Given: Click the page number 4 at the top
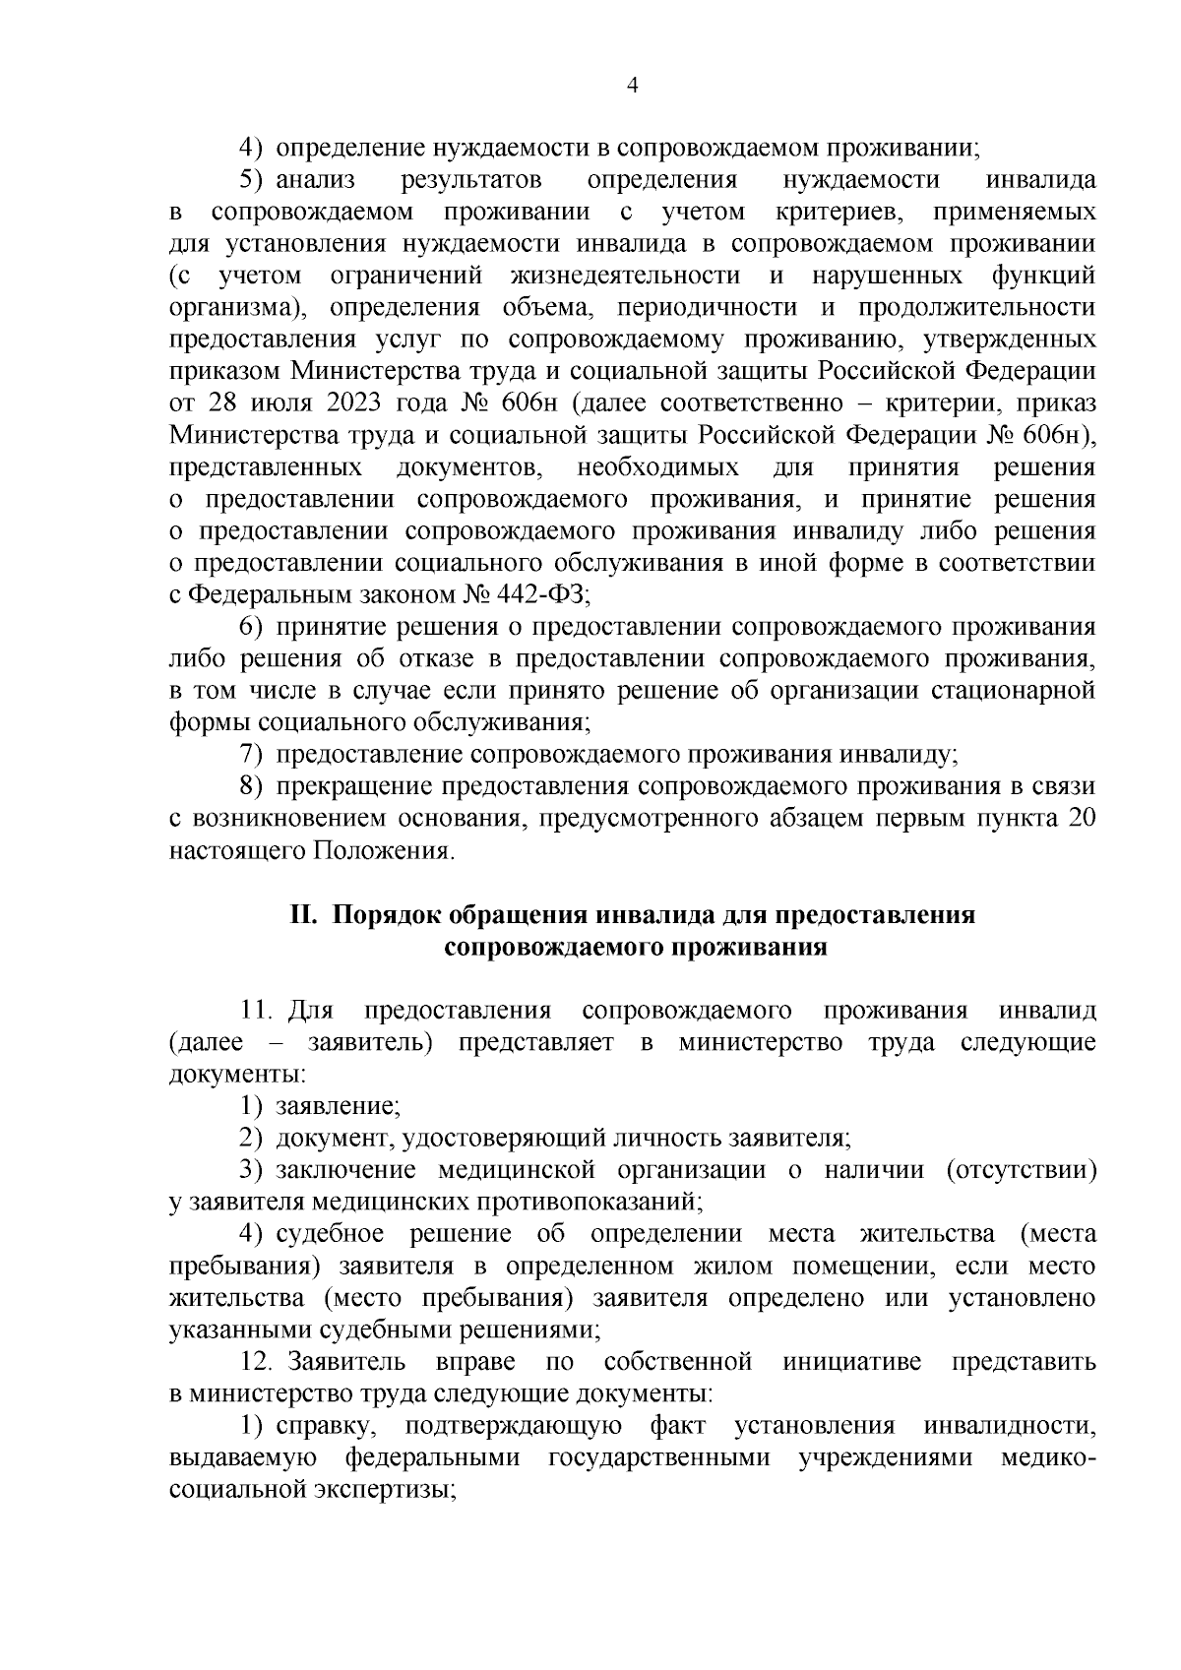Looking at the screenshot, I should [633, 87].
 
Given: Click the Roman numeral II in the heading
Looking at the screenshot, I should [302, 915].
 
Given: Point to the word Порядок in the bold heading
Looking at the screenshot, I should [387, 915].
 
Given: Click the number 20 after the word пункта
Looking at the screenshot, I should [1081, 819].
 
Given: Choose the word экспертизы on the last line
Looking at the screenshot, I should [383, 1490].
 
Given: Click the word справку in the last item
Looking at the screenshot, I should [323, 1426].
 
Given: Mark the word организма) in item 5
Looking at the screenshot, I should [236, 308].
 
